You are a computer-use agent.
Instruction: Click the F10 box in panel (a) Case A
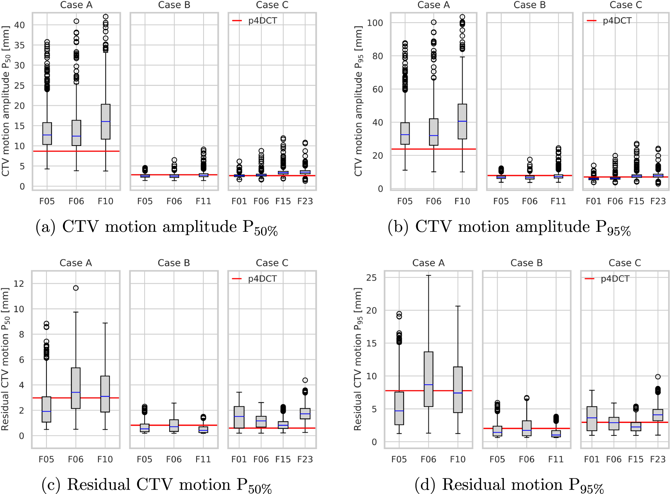click(106, 121)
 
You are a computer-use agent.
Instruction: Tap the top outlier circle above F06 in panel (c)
click(76, 288)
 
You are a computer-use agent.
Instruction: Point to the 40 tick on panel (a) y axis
click(20, 25)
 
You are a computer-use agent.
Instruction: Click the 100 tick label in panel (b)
click(375, 23)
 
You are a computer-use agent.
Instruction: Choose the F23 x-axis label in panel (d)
click(658, 459)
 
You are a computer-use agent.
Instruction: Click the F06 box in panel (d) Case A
click(428, 379)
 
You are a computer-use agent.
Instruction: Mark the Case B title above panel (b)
click(530, 5)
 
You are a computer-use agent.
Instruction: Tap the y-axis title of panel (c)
click(5, 359)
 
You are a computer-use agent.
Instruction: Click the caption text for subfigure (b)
click(509, 227)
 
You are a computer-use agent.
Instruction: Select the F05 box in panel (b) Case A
click(405, 133)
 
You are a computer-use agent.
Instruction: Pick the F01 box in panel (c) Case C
click(239, 417)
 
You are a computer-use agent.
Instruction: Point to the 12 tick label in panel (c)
click(19, 284)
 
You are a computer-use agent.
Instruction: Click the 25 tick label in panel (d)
click(371, 278)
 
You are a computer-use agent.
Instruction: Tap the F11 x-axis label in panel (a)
click(203, 201)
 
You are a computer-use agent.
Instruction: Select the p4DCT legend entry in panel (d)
click(607, 279)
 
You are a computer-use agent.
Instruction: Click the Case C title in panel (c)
click(272, 263)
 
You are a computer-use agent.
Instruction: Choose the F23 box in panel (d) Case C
click(658, 415)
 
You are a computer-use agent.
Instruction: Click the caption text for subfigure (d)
click(509, 485)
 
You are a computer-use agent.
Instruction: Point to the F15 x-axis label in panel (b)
click(636, 201)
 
